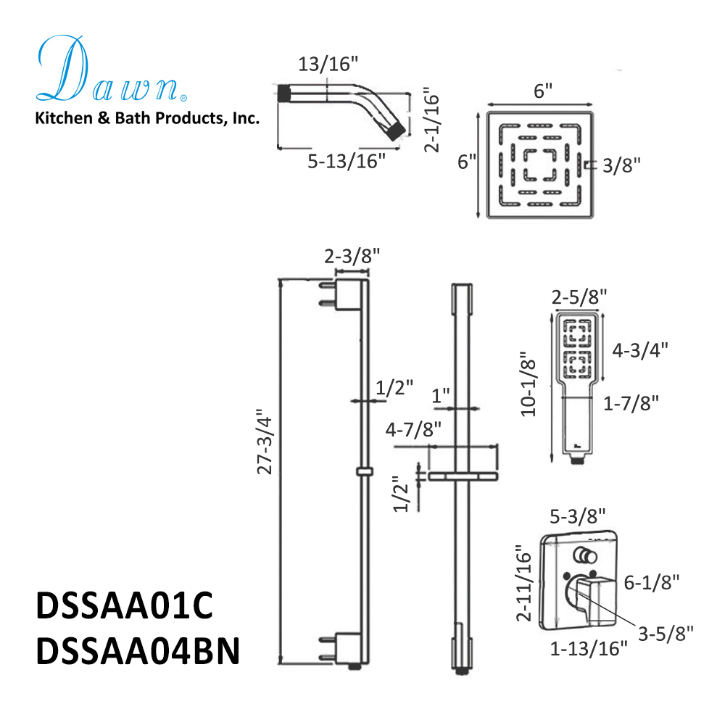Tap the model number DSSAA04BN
(x=137, y=650)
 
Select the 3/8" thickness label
(x=622, y=165)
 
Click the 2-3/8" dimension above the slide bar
(x=352, y=256)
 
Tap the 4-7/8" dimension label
(x=413, y=430)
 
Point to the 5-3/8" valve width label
(x=578, y=515)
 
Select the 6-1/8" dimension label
(x=651, y=581)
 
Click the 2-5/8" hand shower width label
(x=579, y=296)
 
